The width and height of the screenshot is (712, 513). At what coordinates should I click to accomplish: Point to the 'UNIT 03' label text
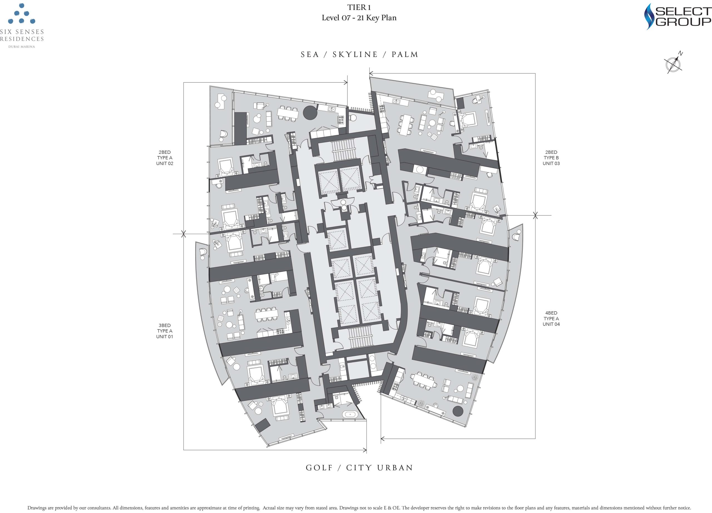pyautogui.click(x=551, y=164)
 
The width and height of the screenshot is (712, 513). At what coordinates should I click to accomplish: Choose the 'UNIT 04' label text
pyautogui.click(x=551, y=324)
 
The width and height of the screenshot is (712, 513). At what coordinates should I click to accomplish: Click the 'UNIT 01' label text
pyautogui.click(x=164, y=337)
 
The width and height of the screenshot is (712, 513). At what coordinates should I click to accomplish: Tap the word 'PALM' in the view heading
pyautogui.click(x=405, y=55)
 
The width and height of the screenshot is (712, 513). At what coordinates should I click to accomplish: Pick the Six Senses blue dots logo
pyautogui.click(x=21, y=14)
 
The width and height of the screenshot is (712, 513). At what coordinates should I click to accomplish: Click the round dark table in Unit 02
pyautogui.click(x=310, y=113)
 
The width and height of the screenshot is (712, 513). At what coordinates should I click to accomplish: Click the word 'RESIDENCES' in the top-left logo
pyautogui.click(x=22, y=39)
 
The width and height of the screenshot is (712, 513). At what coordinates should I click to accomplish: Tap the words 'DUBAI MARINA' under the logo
pyautogui.click(x=22, y=47)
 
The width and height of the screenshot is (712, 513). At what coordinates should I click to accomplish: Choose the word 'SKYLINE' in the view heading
pyautogui.click(x=355, y=55)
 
